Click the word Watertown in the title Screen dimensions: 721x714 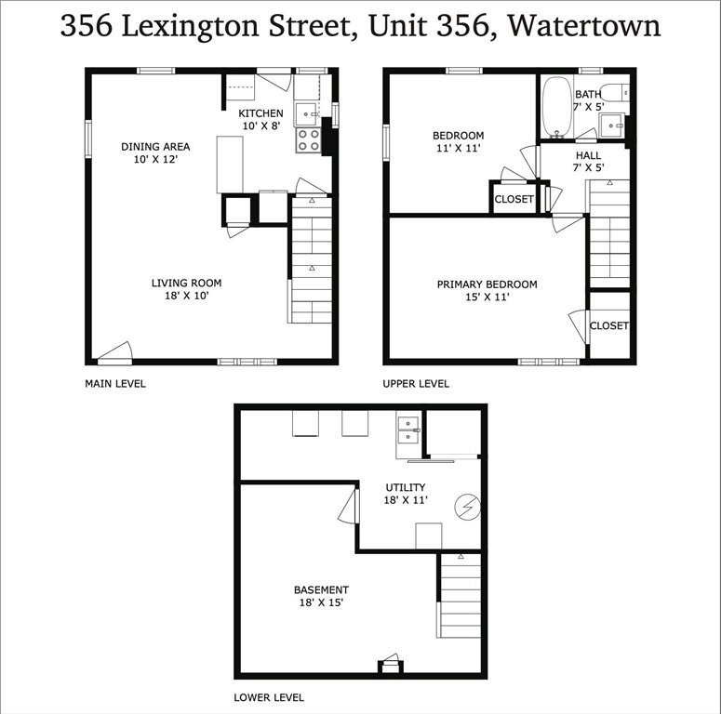pos(584,26)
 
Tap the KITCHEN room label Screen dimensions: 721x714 pos(260,113)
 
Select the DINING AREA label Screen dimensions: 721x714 pos(155,147)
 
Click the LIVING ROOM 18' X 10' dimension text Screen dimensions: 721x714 pos(187,296)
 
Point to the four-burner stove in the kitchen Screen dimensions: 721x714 pos(308,140)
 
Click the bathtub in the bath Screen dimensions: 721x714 pos(556,107)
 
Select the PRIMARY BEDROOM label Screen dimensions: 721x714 pos(487,284)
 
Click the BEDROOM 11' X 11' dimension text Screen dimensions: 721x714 pos(459,148)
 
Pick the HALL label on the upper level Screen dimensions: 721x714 pos(588,155)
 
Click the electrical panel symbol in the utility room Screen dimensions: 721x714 pos(467,508)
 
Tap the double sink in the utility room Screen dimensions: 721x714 pos(408,430)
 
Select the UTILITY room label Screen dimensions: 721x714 pos(405,487)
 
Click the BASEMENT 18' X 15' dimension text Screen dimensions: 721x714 pos(321,602)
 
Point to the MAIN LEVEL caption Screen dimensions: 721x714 pos(115,384)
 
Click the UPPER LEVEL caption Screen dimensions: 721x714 pos(416,384)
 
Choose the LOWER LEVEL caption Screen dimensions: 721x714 pos(269,697)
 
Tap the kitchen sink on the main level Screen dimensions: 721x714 pos(306,114)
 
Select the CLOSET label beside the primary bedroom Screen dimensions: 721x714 pos(608,325)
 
